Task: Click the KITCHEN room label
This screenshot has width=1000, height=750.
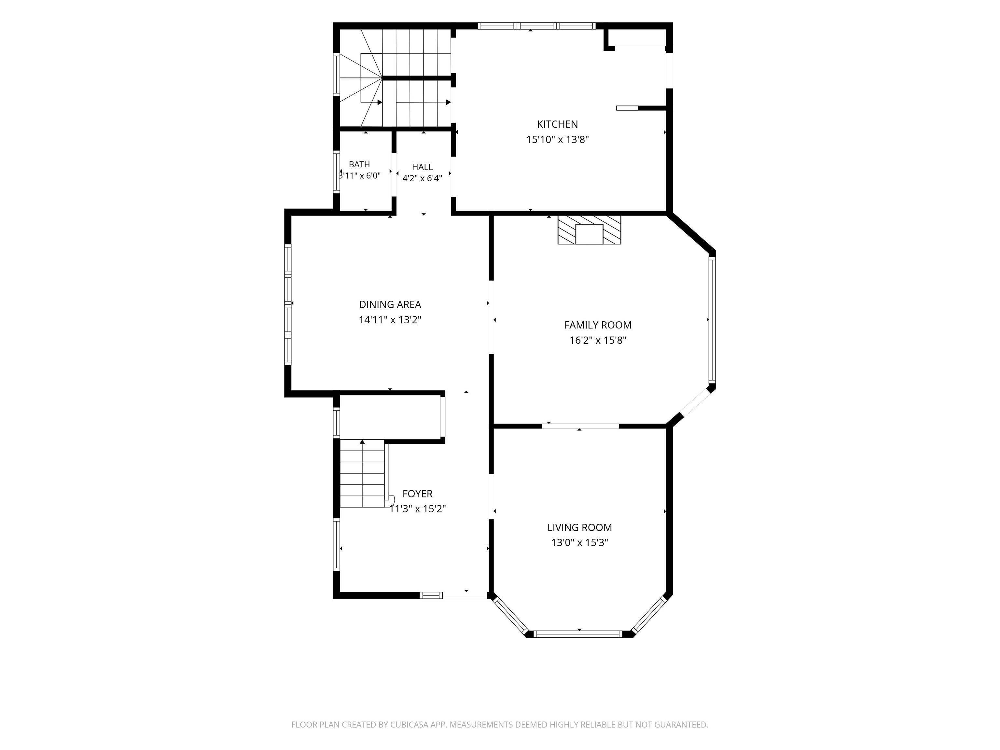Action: click(557, 124)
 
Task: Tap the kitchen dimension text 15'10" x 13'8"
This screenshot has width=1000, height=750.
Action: click(557, 140)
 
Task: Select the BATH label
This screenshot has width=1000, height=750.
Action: click(359, 165)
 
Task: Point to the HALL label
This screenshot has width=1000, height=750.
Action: click(422, 167)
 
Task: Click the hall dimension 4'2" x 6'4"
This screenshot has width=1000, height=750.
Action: click(422, 179)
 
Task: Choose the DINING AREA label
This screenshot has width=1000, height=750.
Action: click(390, 305)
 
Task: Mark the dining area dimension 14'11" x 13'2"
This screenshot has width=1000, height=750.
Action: click(390, 320)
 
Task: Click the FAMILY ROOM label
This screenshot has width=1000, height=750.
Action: click(598, 325)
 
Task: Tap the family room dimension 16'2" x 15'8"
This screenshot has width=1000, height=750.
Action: click(598, 340)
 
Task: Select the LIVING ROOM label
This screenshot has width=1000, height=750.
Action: click(579, 528)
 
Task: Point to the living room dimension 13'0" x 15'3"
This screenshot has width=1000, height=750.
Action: click(579, 543)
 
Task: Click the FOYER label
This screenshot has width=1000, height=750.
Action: click(417, 494)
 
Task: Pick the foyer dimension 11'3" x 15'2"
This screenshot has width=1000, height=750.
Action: click(418, 509)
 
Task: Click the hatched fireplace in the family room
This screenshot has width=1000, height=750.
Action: click(589, 230)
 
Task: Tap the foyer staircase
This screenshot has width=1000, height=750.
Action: click(363, 473)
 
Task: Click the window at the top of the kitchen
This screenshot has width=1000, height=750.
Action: click(536, 26)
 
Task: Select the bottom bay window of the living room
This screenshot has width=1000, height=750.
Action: click(579, 634)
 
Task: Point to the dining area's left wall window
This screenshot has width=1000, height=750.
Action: click(287, 304)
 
